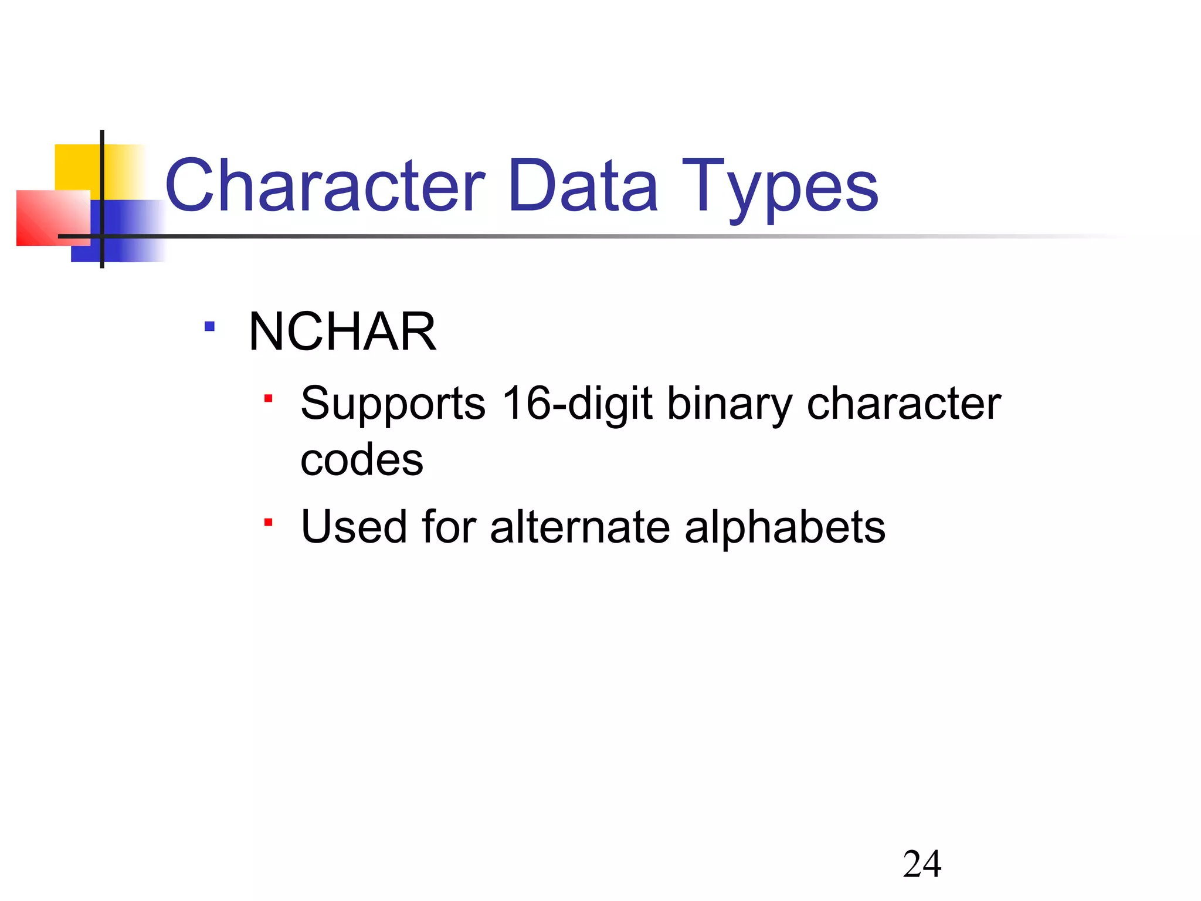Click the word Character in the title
pos(325,187)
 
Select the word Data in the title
pos(583,187)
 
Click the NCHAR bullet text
pos(342,332)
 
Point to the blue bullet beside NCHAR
pos(209,326)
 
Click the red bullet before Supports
pos(268,399)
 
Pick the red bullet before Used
pos(268,521)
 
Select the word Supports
pos(393,405)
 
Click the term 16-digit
pos(578,405)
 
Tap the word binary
pos(730,405)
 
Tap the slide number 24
pos(922,864)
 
